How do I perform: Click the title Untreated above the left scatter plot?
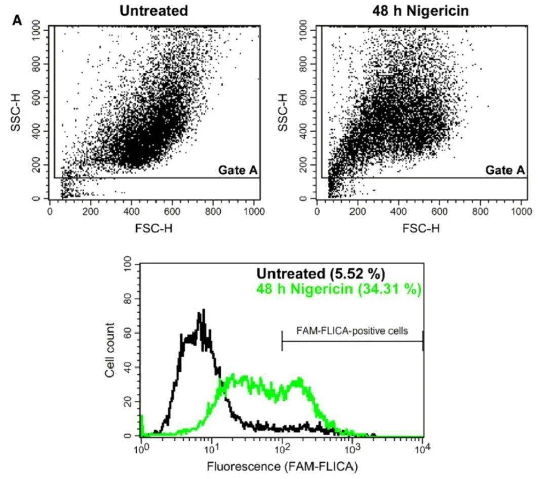153,10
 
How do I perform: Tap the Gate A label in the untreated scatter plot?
238,170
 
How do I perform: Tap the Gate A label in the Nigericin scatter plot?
505,170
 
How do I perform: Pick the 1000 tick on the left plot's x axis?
253,212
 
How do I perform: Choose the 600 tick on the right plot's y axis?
304,97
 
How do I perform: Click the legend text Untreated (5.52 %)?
321,274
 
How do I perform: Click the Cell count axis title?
110,350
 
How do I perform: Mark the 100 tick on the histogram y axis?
128,264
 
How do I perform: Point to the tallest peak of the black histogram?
203,310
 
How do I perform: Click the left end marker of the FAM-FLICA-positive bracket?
282,341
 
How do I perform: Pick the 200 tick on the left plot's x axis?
91,212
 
